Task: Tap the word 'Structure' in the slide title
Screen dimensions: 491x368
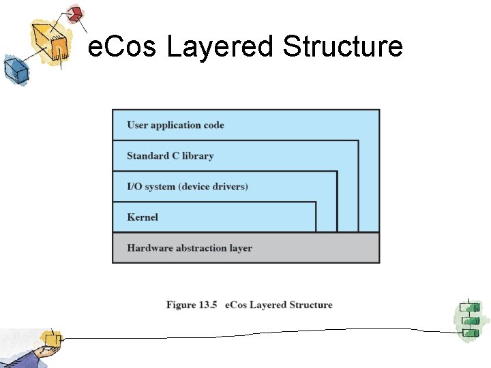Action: [342, 48]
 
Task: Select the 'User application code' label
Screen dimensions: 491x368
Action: [175, 125]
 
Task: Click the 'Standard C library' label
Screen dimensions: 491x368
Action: [170, 156]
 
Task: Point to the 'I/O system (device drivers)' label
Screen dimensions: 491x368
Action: [188, 187]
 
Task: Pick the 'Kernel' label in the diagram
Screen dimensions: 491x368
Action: [143, 217]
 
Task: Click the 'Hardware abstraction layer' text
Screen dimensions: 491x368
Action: [190, 248]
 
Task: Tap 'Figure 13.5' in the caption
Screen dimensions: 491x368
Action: [191, 305]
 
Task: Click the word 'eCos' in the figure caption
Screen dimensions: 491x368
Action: [235, 305]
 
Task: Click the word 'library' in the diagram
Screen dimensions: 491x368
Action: [198, 156]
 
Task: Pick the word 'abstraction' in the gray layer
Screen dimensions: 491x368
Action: [200, 248]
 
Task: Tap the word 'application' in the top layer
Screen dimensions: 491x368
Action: [176, 125]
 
